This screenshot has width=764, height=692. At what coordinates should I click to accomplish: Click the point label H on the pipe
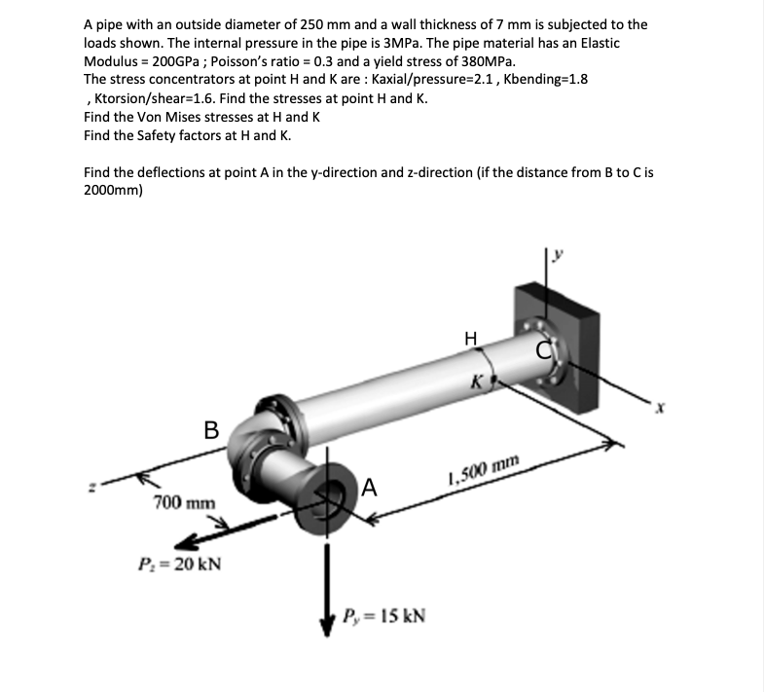[x=471, y=339]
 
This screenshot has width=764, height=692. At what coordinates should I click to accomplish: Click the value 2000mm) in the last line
[x=114, y=191]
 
